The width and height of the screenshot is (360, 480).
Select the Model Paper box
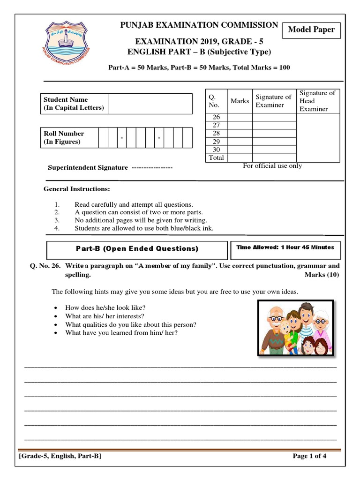tap(311, 30)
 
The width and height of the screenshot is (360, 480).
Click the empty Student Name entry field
tap(150, 104)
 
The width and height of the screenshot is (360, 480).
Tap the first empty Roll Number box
tap(103, 138)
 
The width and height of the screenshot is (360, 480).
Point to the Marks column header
tap(240, 101)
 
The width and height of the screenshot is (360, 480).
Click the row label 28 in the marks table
tap(216, 134)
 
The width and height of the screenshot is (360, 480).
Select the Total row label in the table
tap(216, 158)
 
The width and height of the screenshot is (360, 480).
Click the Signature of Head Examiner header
tap(318, 101)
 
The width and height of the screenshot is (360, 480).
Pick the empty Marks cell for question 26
tap(240, 117)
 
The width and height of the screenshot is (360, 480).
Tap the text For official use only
tap(272, 165)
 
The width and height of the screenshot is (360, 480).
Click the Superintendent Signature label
tap(88, 167)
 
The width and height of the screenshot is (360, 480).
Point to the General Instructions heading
tap(77, 189)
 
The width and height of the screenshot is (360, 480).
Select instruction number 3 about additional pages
tap(141, 220)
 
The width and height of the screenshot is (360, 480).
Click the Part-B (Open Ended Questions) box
tap(137, 248)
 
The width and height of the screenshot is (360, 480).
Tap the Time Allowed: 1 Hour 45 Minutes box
tap(285, 247)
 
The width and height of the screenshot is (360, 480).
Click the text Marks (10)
tap(322, 275)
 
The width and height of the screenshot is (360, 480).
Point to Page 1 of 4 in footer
tap(309, 456)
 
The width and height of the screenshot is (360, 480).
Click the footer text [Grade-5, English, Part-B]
tap(60, 456)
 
